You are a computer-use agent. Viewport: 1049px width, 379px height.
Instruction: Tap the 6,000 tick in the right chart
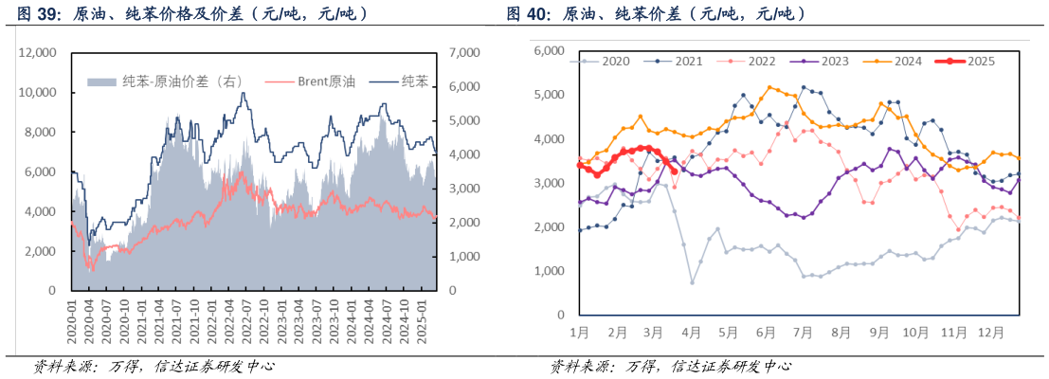click(x=548, y=51)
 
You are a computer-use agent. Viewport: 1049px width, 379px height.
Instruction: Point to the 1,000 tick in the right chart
click(x=548, y=271)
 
